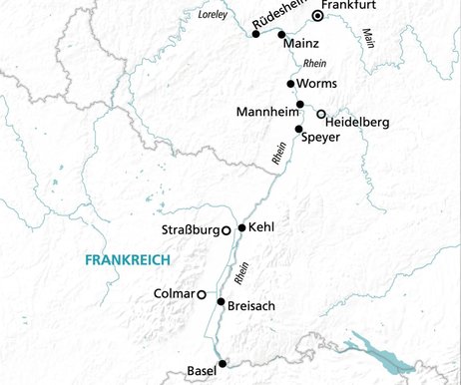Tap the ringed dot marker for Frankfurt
point(317,16)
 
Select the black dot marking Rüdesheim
point(256,34)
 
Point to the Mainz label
point(300,45)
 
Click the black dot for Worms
point(290,84)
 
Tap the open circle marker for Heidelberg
point(320,114)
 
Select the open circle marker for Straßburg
point(227,230)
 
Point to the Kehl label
point(261,227)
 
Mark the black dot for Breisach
point(221,301)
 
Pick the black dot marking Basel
point(223,365)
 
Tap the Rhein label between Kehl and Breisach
point(240,272)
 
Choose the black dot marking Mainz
point(281,34)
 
